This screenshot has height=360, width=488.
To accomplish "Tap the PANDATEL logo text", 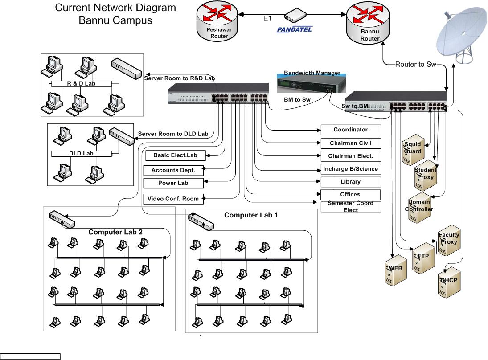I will tap(295, 29).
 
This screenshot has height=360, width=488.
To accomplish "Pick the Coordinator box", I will tap(351, 130).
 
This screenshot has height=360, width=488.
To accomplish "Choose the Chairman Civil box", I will tap(351, 143).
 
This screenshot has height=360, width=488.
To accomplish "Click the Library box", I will tap(351, 182).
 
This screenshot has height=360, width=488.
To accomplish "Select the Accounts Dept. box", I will tap(173, 170).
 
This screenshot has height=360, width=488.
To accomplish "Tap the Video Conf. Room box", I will tap(173, 199).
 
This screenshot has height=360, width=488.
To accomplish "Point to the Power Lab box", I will tap(173, 183).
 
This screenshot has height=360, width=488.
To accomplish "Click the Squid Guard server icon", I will tap(413, 151).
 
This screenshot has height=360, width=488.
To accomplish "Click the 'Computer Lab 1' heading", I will tap(251, 215).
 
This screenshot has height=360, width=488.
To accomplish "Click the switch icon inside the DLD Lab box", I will tap(121, 136).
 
